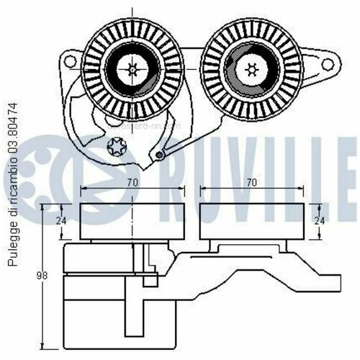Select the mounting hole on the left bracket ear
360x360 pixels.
(69, 58)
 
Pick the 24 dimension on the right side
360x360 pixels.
(320, 221)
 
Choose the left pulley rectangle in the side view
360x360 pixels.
(132, 222)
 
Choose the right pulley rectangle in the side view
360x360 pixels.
(251, 222)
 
